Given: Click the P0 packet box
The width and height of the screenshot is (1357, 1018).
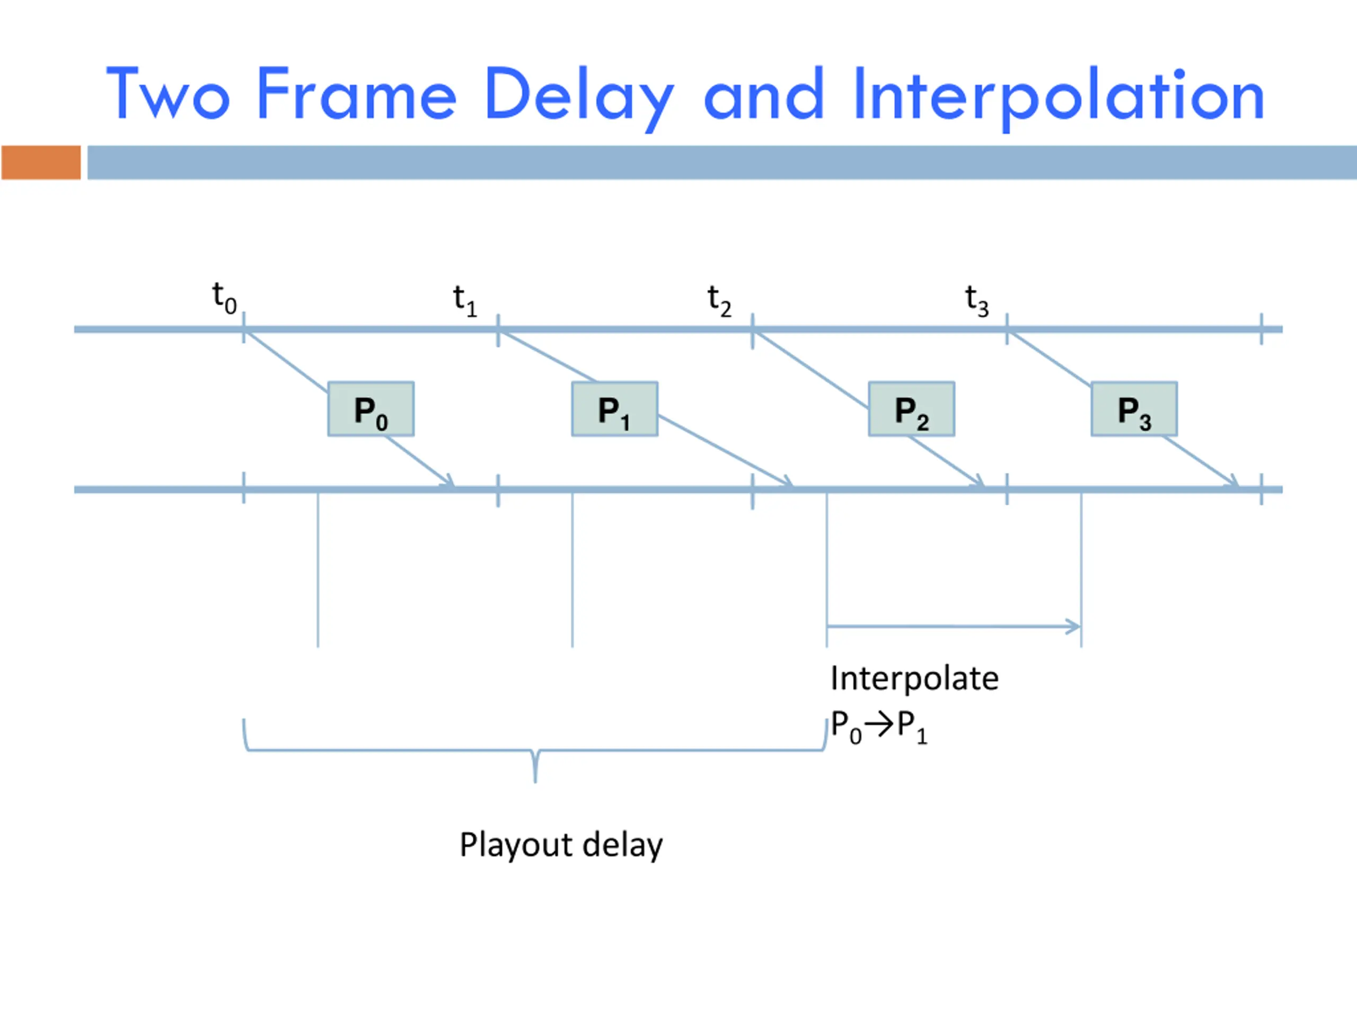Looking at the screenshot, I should [371, 409].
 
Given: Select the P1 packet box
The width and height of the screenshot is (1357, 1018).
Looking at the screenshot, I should [615, 409].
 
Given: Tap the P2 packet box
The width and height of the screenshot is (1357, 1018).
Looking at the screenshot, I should [911, 409].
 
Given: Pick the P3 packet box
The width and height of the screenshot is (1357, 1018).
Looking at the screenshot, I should [1134, 409].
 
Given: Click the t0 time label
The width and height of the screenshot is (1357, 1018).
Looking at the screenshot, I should [224, 298].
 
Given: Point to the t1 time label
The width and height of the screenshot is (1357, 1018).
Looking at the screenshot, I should [464, 301].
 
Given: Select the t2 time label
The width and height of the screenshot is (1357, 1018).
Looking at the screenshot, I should [719, 301].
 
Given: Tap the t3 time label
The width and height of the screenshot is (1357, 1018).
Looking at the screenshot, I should [976, 301].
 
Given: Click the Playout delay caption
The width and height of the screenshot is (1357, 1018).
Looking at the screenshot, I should [561, 846].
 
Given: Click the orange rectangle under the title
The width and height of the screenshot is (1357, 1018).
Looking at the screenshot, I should [41, 163].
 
